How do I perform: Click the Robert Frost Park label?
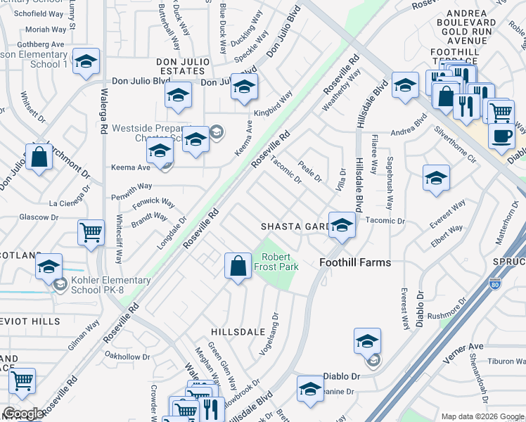pos(281,262)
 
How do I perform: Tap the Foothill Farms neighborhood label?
pos(355,262)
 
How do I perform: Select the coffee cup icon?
pos(501,136)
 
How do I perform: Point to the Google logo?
pos(23,413)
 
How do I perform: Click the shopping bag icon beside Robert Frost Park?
pos(238,266)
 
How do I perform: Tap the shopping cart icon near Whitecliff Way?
pos(91,232)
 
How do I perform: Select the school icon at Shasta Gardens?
pos(342,226)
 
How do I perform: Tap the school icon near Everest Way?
pos(436,179)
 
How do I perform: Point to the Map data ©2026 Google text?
pos(482,416)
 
